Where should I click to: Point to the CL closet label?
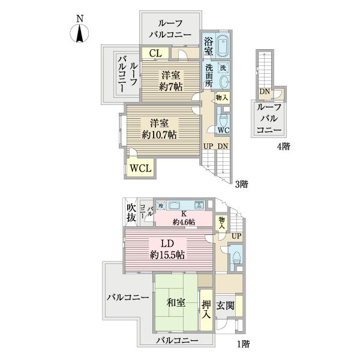click(155, 53)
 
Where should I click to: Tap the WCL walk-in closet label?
click(141, 169)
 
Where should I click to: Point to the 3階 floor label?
click(241, 184)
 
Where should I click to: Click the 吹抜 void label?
click(131, 213)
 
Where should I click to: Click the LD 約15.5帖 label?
click(167, 249)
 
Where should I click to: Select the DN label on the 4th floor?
click(264, 92)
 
